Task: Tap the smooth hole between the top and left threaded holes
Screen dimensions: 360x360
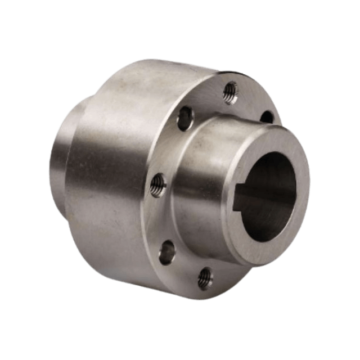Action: (185, 118)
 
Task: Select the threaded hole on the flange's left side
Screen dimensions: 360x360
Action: (159, 182)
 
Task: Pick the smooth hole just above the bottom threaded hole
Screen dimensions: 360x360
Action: (166, 251)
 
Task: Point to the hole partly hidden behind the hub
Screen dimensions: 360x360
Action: (267, 117)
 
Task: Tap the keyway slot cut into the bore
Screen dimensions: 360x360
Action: (247, 197)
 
